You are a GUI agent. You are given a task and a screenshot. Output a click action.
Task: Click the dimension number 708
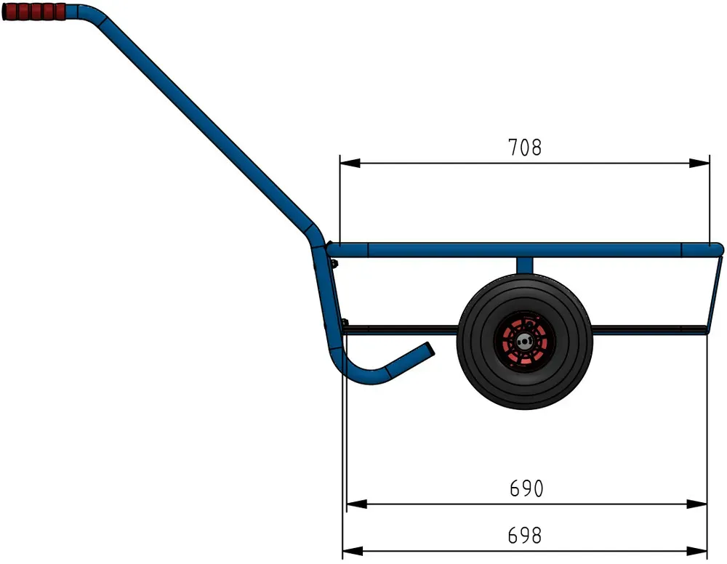click(524, 148)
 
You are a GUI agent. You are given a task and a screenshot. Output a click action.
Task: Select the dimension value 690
click(526, 488)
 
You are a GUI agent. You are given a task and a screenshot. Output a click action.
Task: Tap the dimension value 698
click(524, 535)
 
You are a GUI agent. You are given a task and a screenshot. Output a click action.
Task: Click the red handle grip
click(34, 12)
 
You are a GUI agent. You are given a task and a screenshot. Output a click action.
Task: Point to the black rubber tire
click(524, 342)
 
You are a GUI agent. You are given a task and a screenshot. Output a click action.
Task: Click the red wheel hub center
click(524, 342)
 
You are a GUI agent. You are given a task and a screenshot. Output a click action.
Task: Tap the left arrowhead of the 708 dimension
click(350, 163)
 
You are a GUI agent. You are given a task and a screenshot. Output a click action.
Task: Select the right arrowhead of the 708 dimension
click(699, 163)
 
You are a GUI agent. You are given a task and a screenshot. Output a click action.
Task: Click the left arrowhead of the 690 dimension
click(357, 504)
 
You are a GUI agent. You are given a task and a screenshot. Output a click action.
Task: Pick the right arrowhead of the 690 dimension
click(696, 504)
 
